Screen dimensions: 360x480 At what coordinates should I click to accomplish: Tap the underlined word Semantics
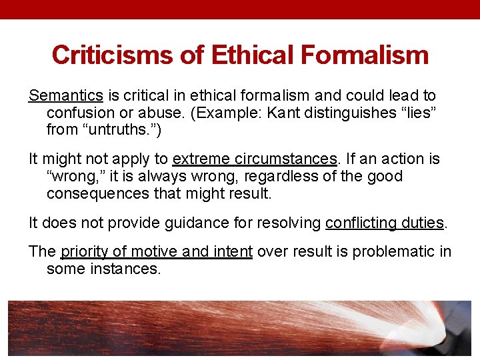(x=65, y=96)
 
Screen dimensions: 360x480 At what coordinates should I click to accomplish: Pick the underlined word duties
(x=421, y=223)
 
